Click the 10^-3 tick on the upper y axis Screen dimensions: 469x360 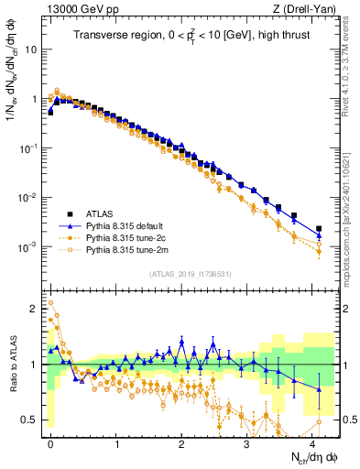(27, 247)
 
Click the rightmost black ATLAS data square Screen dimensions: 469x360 (319, 229)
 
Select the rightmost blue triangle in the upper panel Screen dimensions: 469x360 (319, 235)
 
